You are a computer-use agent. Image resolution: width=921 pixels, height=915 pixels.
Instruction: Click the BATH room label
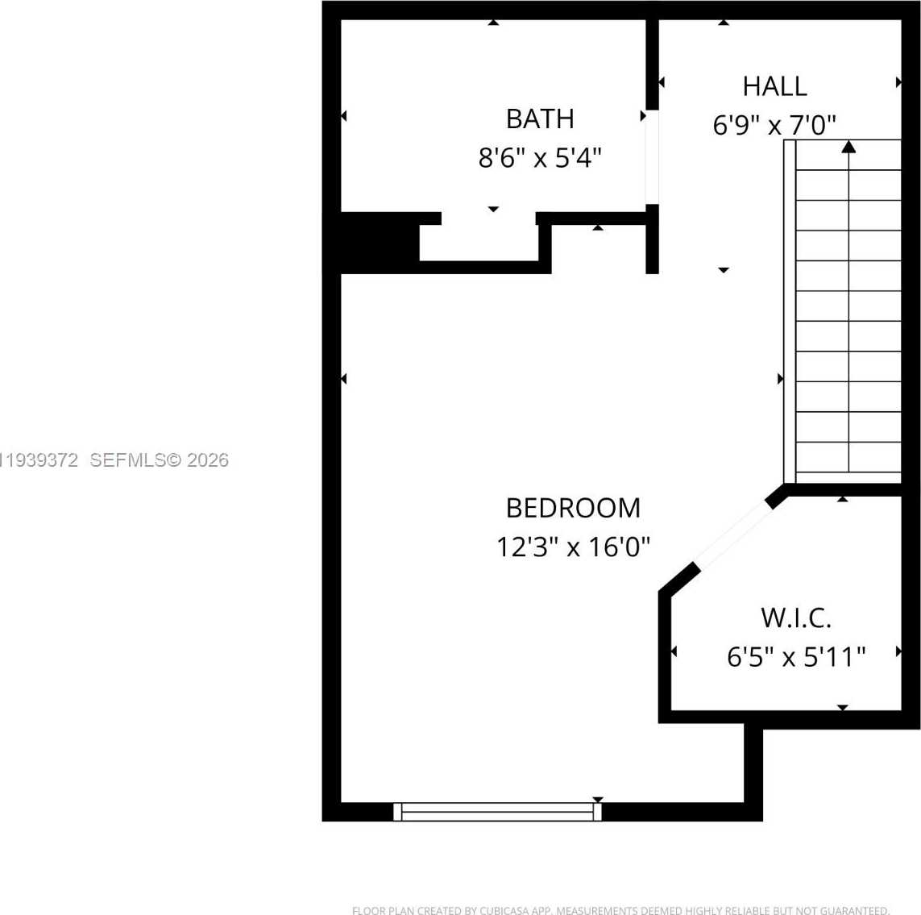[x=540, y=119]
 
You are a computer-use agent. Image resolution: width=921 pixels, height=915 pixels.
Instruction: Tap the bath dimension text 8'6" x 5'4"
[x=540, y=157]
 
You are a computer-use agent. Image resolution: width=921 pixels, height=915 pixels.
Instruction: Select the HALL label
[x=774, y=86]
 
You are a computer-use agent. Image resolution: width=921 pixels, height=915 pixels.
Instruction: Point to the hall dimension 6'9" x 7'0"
[x=774, y=125]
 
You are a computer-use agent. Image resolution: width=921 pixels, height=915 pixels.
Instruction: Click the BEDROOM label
[x=573, y=508]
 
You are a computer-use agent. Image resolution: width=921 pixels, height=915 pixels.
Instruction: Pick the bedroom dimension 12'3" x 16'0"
[x=573, y=547]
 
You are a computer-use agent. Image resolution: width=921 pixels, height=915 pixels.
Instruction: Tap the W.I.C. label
[x=796, y=618]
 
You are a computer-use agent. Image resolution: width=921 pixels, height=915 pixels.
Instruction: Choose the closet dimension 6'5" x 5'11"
[x=796, y=657]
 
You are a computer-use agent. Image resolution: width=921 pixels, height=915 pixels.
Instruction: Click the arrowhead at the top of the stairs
[x=848, y=147]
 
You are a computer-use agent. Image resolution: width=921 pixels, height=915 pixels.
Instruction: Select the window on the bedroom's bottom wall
[x=497, y=812]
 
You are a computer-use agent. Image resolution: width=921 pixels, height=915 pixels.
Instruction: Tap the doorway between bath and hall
[x=652, y=156]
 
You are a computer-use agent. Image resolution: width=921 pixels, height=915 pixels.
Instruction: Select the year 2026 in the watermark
[x=208, y=460]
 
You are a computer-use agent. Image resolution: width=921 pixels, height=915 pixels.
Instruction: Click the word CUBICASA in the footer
[x=504, y=911]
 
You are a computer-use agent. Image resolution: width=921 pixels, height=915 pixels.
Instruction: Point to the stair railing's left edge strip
[x=790, y=311]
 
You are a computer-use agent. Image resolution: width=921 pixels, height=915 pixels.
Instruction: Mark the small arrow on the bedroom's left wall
[x=344, y=379]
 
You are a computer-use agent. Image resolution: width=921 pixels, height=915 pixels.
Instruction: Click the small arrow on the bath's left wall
[x=344, y=116]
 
